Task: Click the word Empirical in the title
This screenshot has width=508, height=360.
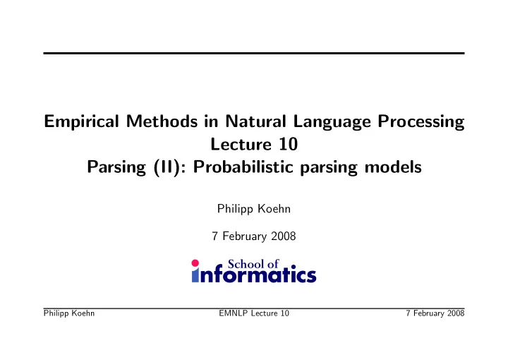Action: (x=81, y=122)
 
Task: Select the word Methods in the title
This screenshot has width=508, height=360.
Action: (x=162, y=121)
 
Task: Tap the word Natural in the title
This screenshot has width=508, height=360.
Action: (x=255, y=121)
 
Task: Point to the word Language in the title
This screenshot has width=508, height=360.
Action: (x=332, y=122)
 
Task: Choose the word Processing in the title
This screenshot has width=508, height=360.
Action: (x=421, y=122)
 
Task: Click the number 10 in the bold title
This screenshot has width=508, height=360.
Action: (x=288, y=144)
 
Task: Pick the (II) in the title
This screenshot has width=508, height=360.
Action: (x=167, y=167)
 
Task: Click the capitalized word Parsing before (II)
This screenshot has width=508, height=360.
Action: (x=116, y=168)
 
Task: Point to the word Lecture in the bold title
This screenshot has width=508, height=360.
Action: (x=241, y=144)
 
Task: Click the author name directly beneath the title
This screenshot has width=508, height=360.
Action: (x=254, y=209)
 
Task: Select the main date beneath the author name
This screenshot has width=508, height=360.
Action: (x=254, y=236)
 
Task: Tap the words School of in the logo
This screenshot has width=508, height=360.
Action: (x=253, y=264)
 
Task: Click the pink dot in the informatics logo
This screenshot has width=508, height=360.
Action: (x=195, y=263)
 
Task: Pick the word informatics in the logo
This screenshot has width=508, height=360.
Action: (x=254, y=275)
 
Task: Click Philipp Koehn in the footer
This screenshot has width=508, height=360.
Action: (x=69, y=313)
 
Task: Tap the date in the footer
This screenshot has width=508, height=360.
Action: (x=435, y=313)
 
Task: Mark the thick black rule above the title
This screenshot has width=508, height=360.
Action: (x=254, y=53)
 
